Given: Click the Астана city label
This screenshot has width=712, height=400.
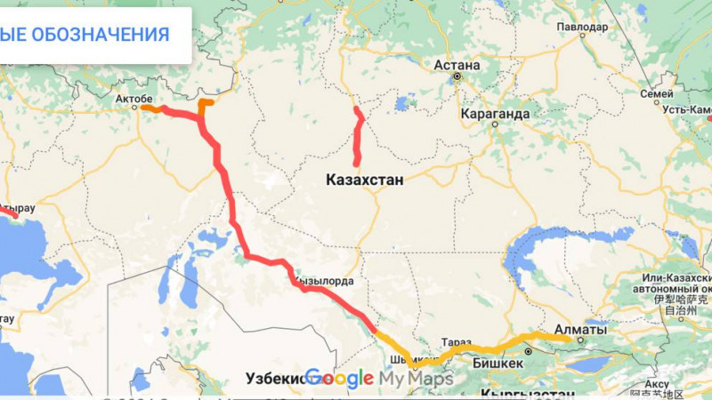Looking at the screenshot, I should coord(457,65).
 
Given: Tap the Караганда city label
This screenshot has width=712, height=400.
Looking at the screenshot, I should coord(496,114).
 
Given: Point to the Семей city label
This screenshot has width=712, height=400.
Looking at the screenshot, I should coord(657,92).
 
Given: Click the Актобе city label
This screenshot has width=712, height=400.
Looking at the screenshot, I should coord(134,97).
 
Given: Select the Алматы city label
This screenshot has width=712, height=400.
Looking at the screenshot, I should coord(580,330).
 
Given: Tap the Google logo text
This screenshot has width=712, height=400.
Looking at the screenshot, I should coord(339,379).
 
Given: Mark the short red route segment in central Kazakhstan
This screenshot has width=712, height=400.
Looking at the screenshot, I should coord(359,138).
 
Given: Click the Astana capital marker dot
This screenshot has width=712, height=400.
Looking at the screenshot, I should coord(457,77).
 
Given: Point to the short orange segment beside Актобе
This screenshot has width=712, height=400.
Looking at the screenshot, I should coord(152,109).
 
